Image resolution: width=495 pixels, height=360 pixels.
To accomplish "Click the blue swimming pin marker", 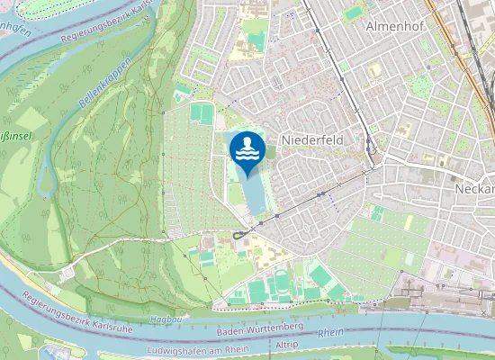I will pos(247,154).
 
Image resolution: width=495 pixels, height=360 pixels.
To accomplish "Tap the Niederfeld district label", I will pos(312,140).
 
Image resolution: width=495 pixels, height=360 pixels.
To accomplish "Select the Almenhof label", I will pos(394,26).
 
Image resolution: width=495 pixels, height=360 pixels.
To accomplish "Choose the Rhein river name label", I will pos(331,333).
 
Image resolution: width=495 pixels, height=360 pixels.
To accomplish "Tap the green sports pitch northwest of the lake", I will pos(203,115).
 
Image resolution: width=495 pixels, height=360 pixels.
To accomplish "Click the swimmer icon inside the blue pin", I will pos(247,148).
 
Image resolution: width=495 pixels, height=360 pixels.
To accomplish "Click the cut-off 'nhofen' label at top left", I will pos(14,29).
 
